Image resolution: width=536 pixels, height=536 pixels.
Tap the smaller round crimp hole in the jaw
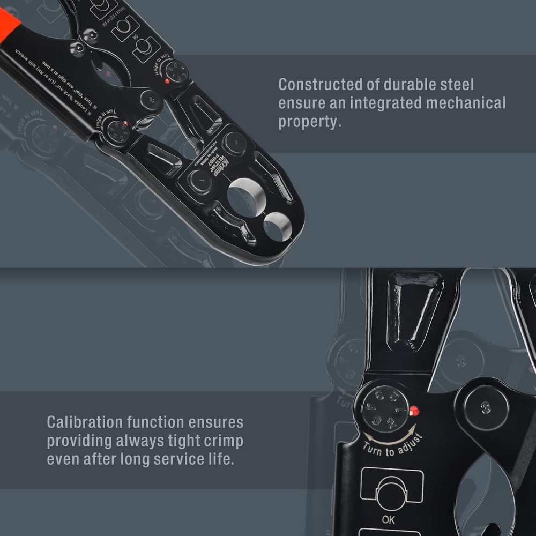[x=278, y=226]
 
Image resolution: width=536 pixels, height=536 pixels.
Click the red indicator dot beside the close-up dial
[x=413, y=412]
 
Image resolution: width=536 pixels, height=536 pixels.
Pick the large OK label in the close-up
[x=389, y=519]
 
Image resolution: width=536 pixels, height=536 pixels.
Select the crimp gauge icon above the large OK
[x=392, y=490]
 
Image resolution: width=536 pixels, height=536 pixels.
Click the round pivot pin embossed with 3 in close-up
[x=486, y=407]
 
